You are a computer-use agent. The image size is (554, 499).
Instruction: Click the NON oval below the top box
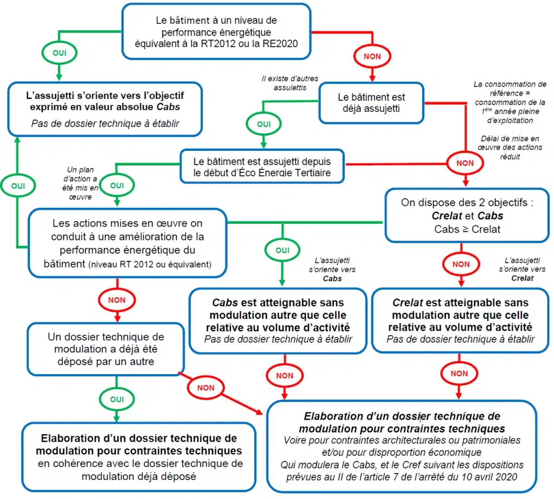tap(372, 56)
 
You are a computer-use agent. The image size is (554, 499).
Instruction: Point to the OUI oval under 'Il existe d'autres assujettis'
tap(263, 124)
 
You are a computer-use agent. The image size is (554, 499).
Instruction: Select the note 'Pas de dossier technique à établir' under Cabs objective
tap(105, 123)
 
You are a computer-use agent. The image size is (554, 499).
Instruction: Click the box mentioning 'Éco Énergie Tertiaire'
tap(262, 167)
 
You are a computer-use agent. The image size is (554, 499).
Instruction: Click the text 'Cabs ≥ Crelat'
tap(467, 229)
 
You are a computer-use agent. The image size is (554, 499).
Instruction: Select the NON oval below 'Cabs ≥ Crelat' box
tap(461, 264)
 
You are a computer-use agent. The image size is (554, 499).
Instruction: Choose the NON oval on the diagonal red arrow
tap(206, 388)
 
